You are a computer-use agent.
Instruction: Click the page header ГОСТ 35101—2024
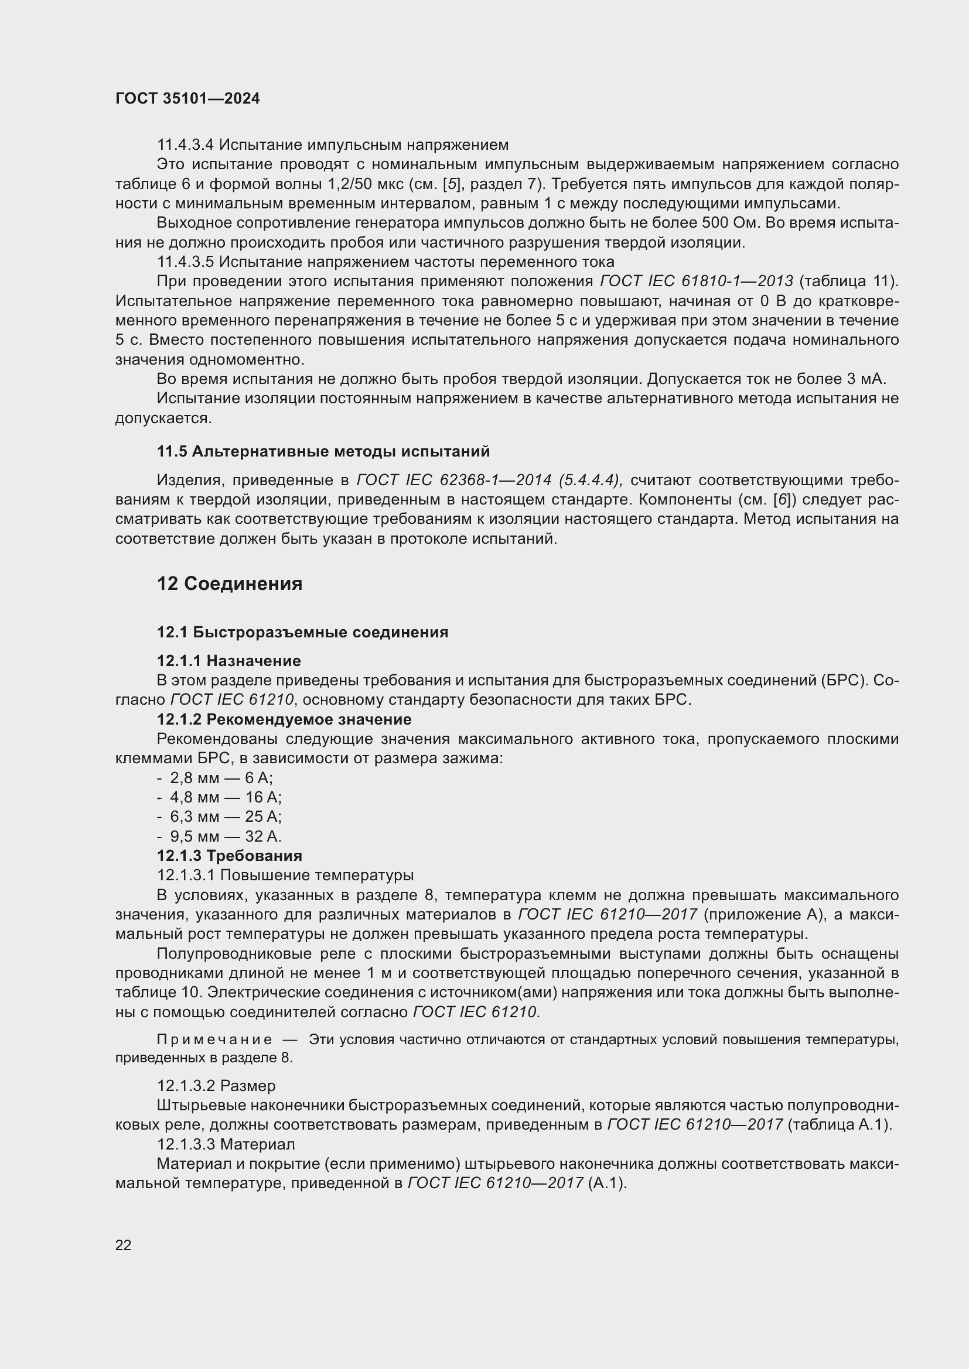point(187,99)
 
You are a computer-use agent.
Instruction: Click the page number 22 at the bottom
point(123,1245)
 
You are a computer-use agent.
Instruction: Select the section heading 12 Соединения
point(229,584)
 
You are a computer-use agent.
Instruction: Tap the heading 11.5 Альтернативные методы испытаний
point(323,451)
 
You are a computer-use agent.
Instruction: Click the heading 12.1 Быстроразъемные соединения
point(302,632)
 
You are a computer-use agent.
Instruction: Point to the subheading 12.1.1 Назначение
point(228,661)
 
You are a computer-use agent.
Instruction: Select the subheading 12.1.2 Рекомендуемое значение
point(284,719)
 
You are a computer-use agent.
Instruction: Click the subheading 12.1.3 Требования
point(229,856)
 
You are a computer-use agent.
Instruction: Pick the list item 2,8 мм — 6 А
point(221,777)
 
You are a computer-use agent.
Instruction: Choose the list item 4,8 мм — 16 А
point(226,797)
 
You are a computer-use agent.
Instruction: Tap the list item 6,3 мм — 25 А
point(226,816)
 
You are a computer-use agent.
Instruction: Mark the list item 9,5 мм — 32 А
point(226,836)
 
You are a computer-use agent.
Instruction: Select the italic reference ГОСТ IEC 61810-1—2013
point(696,281)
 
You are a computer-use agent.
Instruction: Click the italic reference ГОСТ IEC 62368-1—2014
point(453,481)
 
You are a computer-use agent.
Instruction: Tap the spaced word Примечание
point(214,1039)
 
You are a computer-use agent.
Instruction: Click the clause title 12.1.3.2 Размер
point(216,1085)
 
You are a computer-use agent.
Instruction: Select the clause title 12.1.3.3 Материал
point(226,1144)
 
